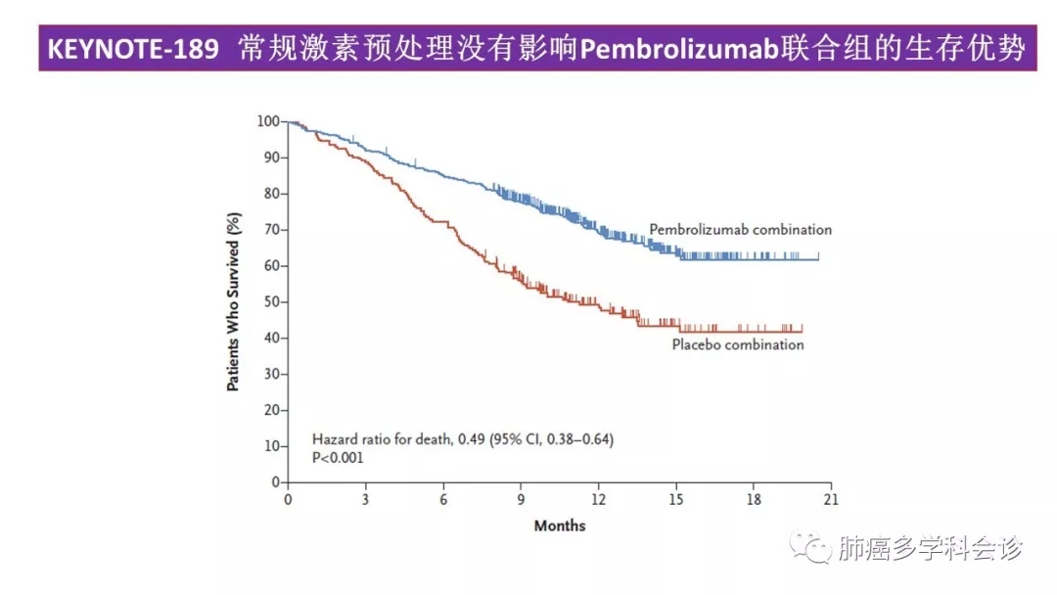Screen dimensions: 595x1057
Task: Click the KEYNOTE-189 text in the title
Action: [132, 50]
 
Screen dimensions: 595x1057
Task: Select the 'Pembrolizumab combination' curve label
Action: [740, 230]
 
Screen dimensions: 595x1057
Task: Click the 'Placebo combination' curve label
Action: [737, 344]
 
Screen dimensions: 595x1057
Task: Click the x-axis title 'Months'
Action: [560, 526]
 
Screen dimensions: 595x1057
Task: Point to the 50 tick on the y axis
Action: [271, 302]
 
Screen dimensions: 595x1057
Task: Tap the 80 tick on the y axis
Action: [271, 194]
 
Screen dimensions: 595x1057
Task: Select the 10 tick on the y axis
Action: [271, 446]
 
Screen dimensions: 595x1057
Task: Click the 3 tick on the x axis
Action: [365, 499]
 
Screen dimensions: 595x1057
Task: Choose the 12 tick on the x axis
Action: [598, 499]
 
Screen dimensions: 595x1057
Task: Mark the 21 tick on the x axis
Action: [831, 499]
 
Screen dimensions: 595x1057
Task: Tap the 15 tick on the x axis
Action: [675, 499]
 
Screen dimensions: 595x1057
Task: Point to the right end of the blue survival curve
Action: [818, 257]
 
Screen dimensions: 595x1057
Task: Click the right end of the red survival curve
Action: [803, 332]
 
